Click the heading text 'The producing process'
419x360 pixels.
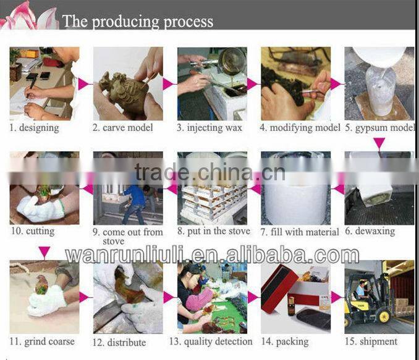coord(138,22)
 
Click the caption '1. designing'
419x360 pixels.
coord(34,128)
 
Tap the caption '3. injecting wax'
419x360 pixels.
coord(209,128)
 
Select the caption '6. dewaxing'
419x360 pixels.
coord(370,231)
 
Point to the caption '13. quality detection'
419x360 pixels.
coord(211,341)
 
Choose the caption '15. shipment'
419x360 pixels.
coord(371,341)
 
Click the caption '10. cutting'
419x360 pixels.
coord(33,231)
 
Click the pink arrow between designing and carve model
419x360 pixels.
coord(85,84)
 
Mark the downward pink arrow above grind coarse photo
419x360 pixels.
coord(44,253)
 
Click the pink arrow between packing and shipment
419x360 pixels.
coord(336,297)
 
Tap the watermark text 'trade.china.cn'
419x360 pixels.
coord(210,172)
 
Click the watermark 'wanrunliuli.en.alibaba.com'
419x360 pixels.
coord(212,255)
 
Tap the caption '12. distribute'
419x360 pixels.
coord(119,342)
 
